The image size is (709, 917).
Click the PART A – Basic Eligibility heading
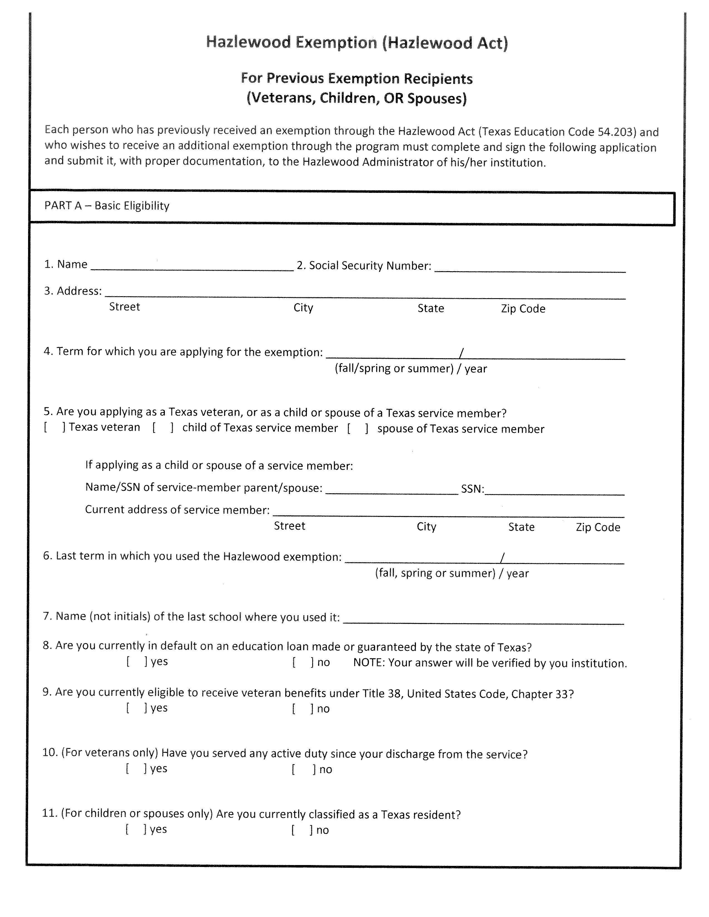click(107, 206)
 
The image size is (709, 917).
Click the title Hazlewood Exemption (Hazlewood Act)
click(357, 43)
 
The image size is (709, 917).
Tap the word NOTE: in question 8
click(368, 662)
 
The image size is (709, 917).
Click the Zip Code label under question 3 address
click(523, 309)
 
